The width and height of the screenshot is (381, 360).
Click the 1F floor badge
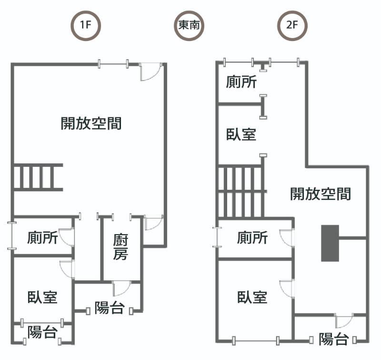[x=86, y=26]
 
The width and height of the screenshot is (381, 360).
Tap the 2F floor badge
[x=292, y=26]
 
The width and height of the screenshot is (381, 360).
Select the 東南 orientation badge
[x=189, y=26]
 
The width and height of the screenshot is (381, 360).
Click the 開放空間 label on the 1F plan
[x=91, y=123]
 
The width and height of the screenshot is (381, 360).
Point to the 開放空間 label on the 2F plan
[x=321, y=194]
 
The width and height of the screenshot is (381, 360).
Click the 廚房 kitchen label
[x=120, y=247]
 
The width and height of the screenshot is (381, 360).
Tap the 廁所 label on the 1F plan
[x=42, y=237]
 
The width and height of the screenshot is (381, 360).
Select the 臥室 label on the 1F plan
[x=42, y=297]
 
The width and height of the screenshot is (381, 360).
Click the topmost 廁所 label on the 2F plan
[x=241, y=82]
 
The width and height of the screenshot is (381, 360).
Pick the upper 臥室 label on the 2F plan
[x=241, y=134]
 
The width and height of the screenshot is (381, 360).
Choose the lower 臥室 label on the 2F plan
[x=252, y=297]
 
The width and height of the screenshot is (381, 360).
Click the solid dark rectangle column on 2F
[x=330, y=243]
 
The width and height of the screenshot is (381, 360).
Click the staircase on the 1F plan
[x=38, y=177]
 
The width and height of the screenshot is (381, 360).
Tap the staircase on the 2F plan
[x=241, y=191]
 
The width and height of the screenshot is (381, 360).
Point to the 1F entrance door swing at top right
[x=150, y=72]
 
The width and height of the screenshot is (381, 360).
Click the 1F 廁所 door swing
[x=67, y=237]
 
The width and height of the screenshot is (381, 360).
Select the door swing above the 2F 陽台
[x=344, y=320]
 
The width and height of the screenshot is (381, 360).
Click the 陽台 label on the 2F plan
[x=334, y=339]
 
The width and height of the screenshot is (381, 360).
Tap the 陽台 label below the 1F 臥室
[x=42, y=332]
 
